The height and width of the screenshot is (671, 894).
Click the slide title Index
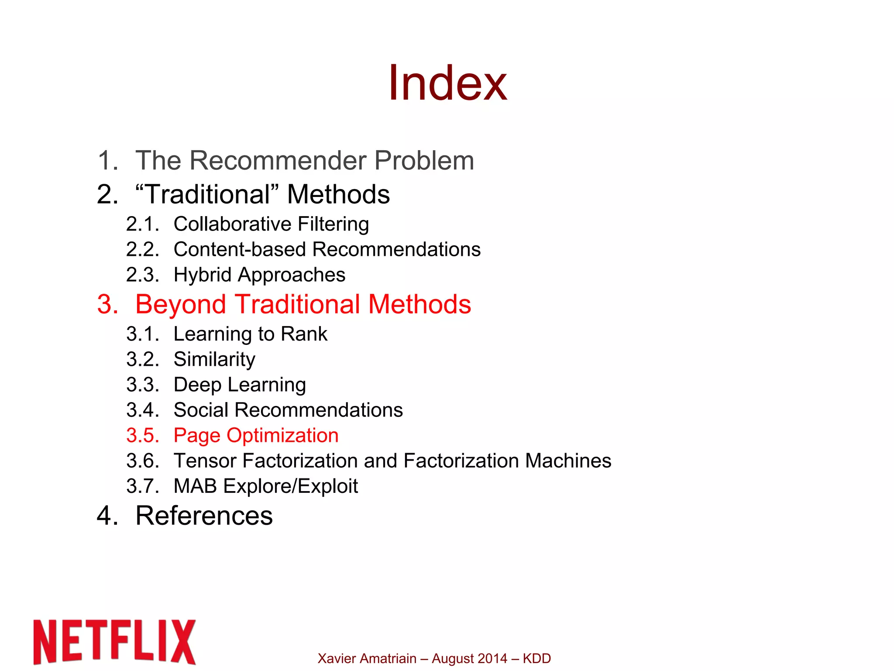coord(447,83)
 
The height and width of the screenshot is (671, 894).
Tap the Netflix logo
coord(114,641)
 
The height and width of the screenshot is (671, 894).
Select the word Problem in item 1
coord(424,160)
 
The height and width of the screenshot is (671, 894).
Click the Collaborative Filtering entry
coord(271,224)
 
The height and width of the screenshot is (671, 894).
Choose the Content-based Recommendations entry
coord(327,249)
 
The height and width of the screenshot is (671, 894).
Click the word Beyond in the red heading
coord(180,304)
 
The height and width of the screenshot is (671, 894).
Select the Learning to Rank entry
coord(250,334)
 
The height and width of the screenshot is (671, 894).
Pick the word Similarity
coord(214,359)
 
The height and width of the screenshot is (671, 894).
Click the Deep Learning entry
coord(240,385)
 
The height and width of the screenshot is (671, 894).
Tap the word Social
coord(201,410)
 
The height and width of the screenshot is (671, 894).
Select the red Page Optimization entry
coord(256,435)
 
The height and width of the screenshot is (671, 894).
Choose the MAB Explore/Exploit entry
coord(265,486)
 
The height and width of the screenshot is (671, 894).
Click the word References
coord(204,516)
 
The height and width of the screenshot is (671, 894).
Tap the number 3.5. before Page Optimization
coord(142,435)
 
